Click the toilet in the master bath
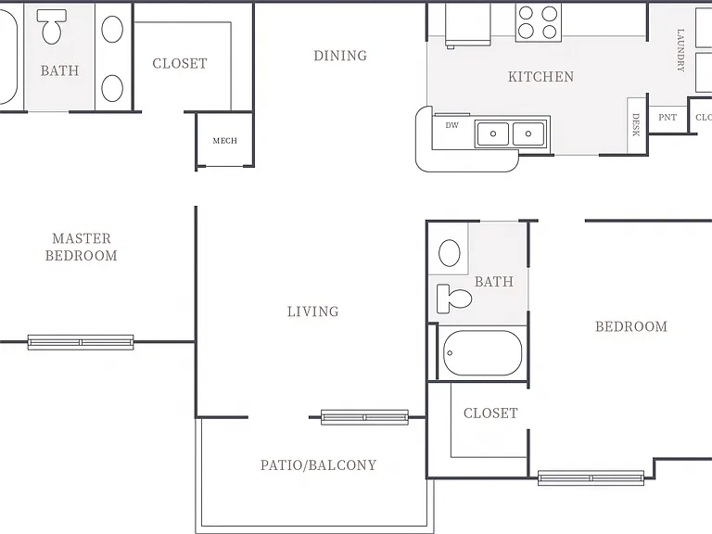click(51, 26)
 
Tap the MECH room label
click(225, 141)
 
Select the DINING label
click(340, 56)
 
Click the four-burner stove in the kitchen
click(538, 22)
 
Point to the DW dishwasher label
click(451, 125)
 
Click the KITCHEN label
click(540, 77)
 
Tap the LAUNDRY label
click(680, 50)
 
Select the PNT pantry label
click(667, 117)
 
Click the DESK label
click(636, 125)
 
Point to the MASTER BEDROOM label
click(82, 247)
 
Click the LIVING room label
click(312, 311)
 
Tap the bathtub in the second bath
click(482, 353)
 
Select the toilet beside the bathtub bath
click(454, 299)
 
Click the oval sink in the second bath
click(450, 252)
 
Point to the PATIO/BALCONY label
click(318, 465)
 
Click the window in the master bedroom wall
click(81, 342)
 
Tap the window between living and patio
click(364, 417)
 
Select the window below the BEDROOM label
click(591, 478)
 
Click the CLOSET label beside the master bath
click(180, 64)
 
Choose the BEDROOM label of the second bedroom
click(631, 326)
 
